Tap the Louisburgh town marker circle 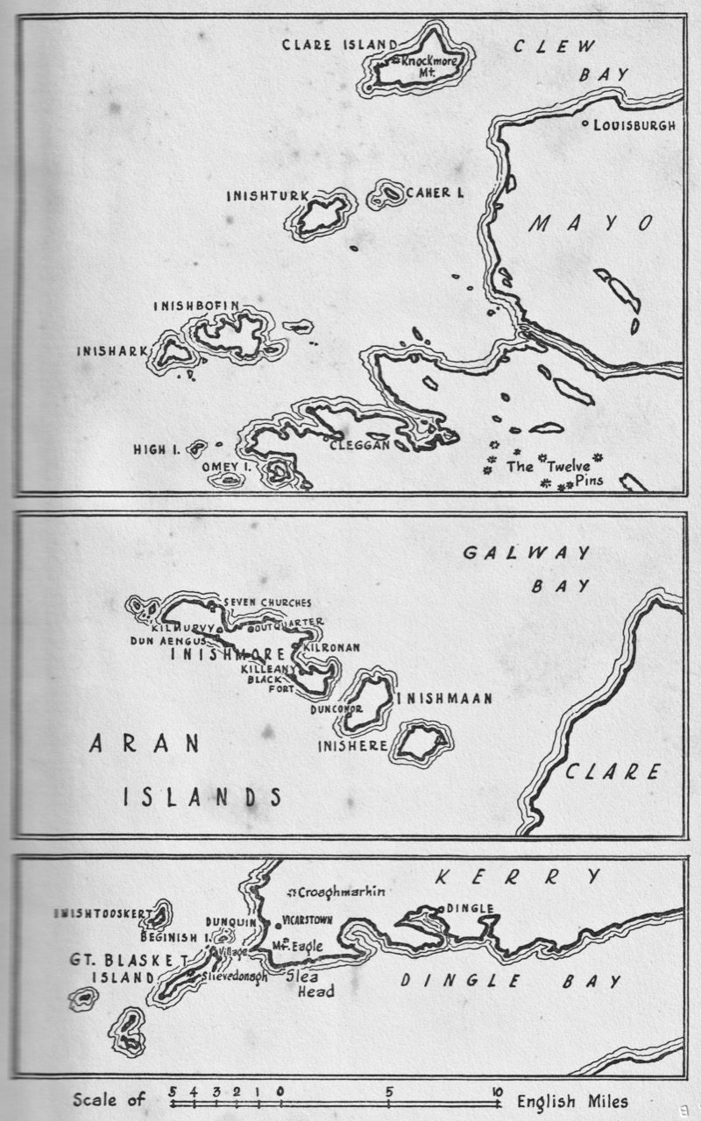pyautogui.click(x=585, y=124)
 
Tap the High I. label pyautogui.click(x=157, y=450)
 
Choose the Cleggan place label pyautogui.click(x=354, y=446)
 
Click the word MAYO pyautogui.click(x=591, y=224)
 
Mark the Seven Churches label pyautogui.click(x=268, y=603)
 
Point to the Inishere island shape pyautogui.click(x=422, y=743)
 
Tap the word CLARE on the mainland pyautogui.click(x=610, y=772)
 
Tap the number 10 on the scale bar pyautogui.click(x=497, y=1092)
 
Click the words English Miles pyautogui.click(x=572, y=1102)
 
